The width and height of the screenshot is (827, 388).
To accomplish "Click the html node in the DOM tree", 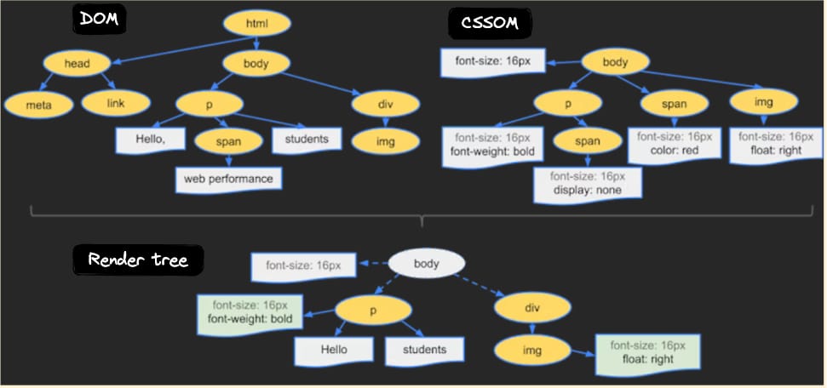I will click(x=256, y=24).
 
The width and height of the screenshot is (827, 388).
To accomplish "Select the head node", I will click(x=78, y=63).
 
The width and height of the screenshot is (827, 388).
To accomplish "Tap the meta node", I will click(x=36, y=104).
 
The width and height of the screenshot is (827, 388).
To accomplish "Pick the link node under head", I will click(x=116, y=103).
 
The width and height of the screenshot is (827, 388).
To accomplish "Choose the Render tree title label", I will click(x=139, y=260).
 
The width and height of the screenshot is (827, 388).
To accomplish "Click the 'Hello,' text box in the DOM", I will click(x=151, y=139).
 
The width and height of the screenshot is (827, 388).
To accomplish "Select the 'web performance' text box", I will click(x=228, y=179).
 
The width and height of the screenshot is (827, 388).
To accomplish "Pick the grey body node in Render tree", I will click(x=426, y=264).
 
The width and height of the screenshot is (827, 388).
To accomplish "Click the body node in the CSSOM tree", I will click(x=614, y=63).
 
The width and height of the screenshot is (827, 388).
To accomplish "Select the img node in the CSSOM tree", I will click(x=763, y=102).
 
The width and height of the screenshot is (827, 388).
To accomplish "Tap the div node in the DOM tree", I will click(x=385, y=103).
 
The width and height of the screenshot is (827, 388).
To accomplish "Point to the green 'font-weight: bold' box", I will click(x=245, y=312).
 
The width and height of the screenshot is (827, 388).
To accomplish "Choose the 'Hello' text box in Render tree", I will click(x=333, y=350).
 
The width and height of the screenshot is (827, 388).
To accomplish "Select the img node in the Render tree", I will click(x=532, y=350).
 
